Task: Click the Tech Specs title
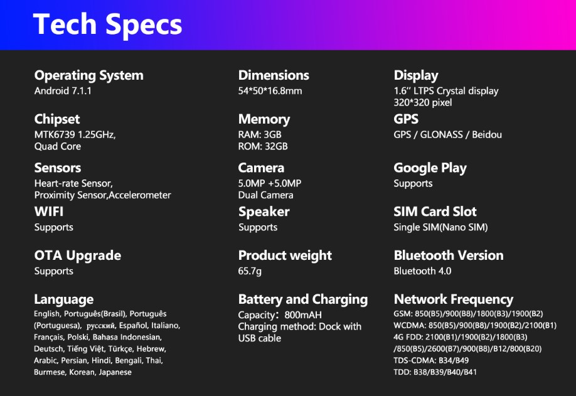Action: tap(107, 24)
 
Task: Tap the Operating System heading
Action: tap(89, 76)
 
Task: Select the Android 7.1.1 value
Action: tap(63, 91)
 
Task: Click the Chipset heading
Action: tap(57, 119)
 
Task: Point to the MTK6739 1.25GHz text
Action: tap(75, 135)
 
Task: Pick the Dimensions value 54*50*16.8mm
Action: tap(270, 91)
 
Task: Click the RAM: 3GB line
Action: tap(260, 134)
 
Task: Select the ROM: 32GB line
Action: tap(263, 146)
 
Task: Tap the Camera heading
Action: tap(261, 168)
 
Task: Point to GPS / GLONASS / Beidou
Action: tap(448, 135)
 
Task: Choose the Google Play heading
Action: tap(430, 168)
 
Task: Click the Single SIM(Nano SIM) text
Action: tap(441, 227)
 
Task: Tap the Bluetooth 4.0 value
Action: tap(422, 271)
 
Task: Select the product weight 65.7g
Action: tap(250, 271)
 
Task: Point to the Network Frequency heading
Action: tap(453, 300)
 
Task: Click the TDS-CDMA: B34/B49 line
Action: tap(431, 360)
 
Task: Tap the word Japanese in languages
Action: tap(115, 372)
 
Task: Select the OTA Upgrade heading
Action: tap(78, 255)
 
